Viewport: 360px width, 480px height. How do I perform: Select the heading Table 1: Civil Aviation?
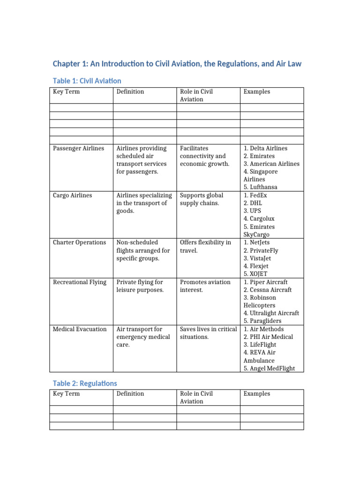[87, 81]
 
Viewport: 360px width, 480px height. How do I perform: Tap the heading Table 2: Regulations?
[85, 383]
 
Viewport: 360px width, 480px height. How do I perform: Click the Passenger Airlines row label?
[78, 148]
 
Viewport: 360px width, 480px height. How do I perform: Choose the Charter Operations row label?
[79, 242]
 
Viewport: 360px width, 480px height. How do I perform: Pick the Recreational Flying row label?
[79, 282]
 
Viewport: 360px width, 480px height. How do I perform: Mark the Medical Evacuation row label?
[79, 329]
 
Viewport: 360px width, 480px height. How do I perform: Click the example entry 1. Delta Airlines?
[265, 148]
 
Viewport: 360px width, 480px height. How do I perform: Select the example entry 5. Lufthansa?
[261, 187]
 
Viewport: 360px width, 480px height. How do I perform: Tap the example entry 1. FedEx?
[255, 195]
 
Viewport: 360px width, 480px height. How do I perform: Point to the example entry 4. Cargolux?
[259, 218]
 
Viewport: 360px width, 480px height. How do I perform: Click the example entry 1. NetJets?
[257, 242]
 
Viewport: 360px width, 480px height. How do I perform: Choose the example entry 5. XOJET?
[255, 274]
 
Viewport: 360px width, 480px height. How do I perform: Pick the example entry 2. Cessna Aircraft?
[268, 290]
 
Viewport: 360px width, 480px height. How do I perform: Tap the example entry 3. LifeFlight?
[260, 345]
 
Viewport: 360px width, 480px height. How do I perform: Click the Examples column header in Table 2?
[257, 394]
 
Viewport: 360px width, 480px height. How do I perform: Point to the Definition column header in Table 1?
[130, 91]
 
